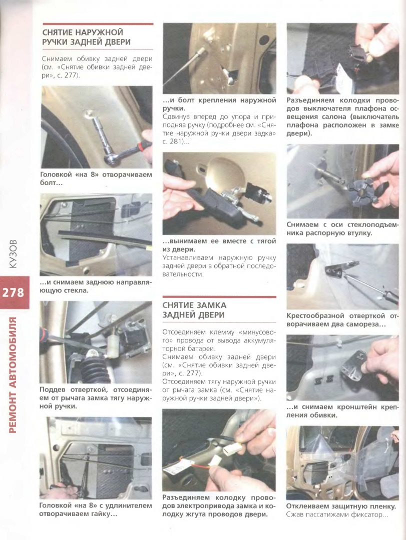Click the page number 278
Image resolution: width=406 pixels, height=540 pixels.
[x=14, y=292]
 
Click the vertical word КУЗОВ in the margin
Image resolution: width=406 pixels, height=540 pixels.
[x=13, y=253]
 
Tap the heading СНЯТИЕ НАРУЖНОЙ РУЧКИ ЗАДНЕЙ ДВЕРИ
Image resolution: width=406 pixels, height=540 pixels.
[x=86, y=37]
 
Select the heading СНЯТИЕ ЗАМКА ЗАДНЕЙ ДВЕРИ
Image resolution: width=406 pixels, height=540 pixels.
[x=194, y=310]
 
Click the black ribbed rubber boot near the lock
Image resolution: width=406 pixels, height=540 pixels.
[x=94, y=368]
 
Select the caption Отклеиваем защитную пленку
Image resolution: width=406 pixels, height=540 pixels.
[x=341, y=506]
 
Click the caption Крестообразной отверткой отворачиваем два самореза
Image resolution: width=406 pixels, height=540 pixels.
[x=342, y=320]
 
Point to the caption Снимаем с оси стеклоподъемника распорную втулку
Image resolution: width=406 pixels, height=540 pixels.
[x=342, y=228]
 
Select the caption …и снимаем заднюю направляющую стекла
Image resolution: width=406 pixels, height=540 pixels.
[x=96, y=286]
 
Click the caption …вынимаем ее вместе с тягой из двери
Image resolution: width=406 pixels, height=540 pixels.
[x=219, y=245]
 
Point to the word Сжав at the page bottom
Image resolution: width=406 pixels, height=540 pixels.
[x=294, y=515]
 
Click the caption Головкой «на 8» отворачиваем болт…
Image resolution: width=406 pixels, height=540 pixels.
[x=96, y=178]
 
